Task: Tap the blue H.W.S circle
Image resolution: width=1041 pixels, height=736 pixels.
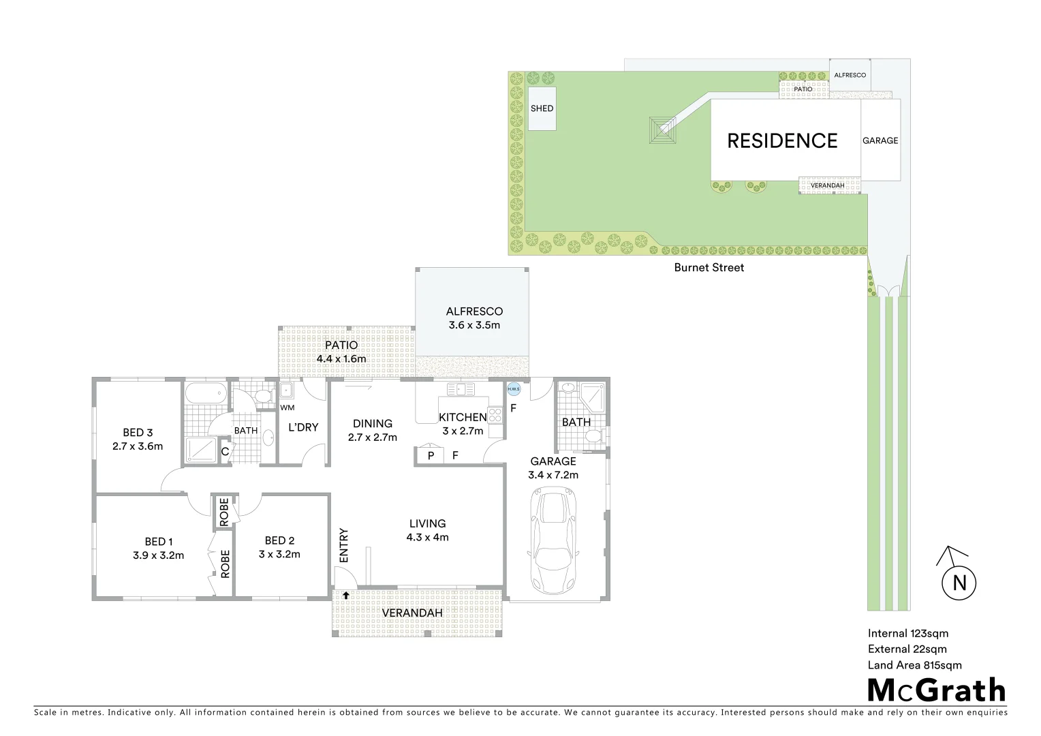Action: [x=514, y=389]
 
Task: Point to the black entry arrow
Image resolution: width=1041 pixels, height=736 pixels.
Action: [x=346, y=595]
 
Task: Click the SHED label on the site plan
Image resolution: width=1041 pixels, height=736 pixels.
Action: [x=542, y=108]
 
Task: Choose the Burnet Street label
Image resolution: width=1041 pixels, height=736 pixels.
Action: [x=709, y=268]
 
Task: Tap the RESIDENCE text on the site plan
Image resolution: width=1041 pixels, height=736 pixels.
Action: [x=782, y=140]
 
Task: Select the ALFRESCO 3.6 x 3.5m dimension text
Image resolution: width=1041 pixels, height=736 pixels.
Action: [x=474, y=325]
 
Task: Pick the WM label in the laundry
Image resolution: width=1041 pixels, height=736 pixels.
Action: [x=287, y=408]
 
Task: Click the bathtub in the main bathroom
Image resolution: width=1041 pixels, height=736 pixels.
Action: [x=205, y=394]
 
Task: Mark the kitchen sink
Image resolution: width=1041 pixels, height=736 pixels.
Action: [x=461, y=389]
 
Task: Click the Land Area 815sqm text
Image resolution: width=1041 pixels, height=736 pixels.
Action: [x=914, y=665]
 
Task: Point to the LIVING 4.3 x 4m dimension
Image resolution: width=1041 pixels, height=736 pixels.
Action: [x=427, y=537]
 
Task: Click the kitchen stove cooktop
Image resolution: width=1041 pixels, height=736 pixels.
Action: [x=495, y=413]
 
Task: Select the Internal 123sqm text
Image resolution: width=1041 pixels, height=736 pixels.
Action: [x=907, y=633]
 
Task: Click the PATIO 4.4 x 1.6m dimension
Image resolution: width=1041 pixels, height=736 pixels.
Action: [x=341, y=358]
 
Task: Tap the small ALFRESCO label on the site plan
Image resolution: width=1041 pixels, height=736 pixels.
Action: [x=850, y=75]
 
